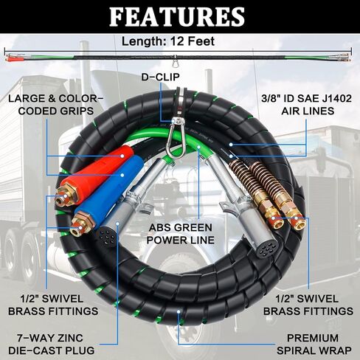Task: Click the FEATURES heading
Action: [177, 17]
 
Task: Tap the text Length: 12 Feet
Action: [168, 41]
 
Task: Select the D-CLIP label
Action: [160, 77]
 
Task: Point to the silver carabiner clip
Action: [175, 139]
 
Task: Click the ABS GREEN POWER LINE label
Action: [181, 234]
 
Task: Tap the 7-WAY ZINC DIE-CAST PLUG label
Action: [52, 344]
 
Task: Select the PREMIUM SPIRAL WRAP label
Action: [314, 344]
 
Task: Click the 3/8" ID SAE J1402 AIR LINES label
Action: [307, 105]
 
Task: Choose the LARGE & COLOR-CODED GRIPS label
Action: [56, 105]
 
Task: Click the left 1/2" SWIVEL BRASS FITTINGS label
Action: [53, 305]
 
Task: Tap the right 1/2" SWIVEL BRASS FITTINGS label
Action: [308, 305]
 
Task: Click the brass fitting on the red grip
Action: [66, 196]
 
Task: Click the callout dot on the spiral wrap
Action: [179, 311]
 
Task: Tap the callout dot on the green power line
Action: [199, 147]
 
